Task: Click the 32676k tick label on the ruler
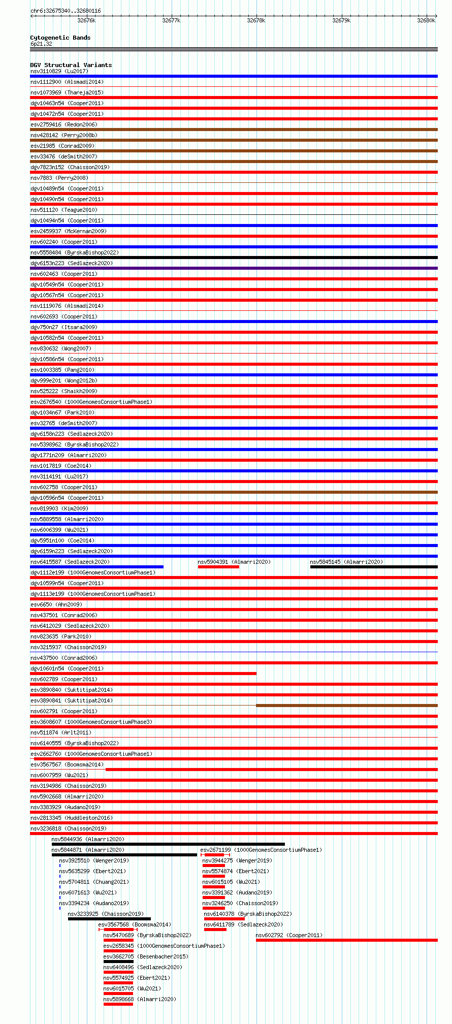[x=86, y=20]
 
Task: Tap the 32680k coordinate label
[x=426, y=20]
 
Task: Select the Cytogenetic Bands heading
[x=60, y=38]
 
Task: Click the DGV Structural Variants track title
[x=71, y=65]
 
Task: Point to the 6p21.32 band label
[x=41, y=44]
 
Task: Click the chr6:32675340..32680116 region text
[x=66, y=11]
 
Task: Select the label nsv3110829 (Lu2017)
[x=59, y=71]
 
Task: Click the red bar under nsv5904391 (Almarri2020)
[x=218, y=567]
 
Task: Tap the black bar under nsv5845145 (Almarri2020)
[x=373, y=567]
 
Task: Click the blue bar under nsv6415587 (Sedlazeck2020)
[x=96, y=567]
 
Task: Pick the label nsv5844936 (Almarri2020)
[x=88, y=839]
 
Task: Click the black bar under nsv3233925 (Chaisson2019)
[x=109, y=919]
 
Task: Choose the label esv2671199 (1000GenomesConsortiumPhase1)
[x=261, y=850]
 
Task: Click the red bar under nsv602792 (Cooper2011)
[x=346, y=940]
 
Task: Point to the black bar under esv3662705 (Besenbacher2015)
[x=118, y=962]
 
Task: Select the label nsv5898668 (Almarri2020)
[x=140, y=999]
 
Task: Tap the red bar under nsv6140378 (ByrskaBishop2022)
[x=224, y=919]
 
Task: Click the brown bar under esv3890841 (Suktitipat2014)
[x=346, y=706]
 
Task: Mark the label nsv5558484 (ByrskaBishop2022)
[x=74, y=252]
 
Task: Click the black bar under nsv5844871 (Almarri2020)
[x=124, y=855]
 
